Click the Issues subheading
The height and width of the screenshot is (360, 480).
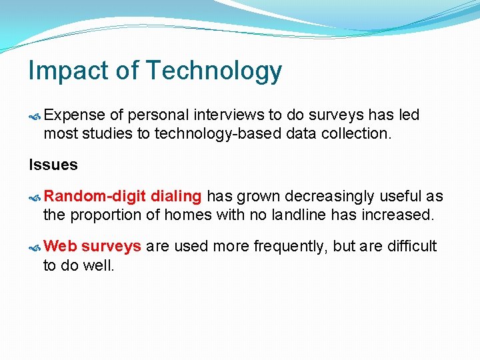point(53,165)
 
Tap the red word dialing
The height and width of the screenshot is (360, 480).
point(176,197)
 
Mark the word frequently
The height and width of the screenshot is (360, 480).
point(291,247)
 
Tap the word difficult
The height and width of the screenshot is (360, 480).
point(412,247)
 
